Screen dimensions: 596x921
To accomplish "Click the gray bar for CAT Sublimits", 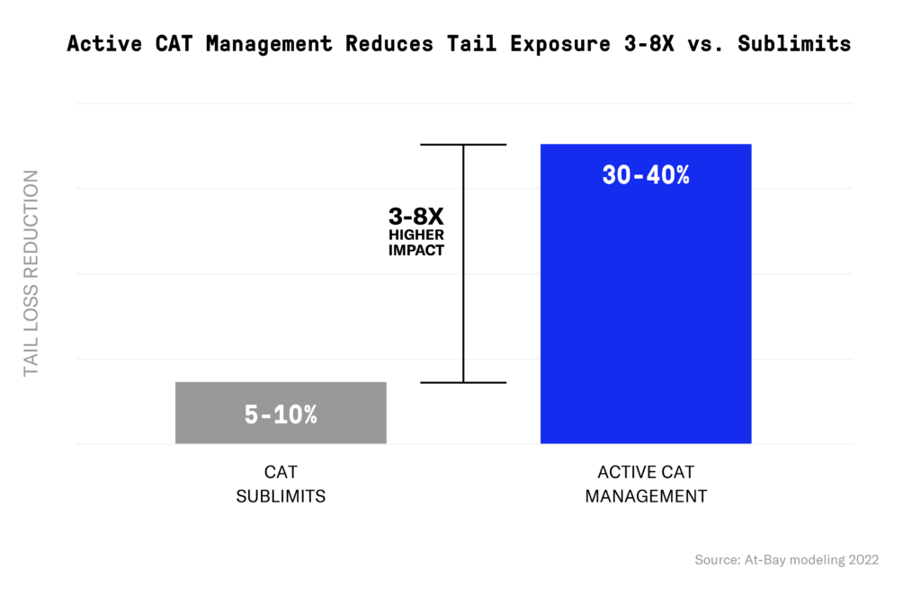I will point(281,396).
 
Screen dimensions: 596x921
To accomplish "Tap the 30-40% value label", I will point(645,175).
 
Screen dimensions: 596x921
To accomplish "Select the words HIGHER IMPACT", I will point(416,242).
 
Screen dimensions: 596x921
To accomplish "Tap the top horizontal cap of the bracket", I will point(463,145).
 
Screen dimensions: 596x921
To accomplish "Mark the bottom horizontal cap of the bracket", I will point(463,382).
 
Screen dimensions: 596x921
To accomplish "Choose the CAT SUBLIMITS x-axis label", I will point(281,484).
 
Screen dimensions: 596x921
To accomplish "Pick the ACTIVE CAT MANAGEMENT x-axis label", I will point(645,484).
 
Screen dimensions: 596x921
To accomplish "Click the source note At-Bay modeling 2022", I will point(786,559).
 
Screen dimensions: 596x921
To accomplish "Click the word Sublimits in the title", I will point(794,44).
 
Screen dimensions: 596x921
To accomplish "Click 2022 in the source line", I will point(862,559).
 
